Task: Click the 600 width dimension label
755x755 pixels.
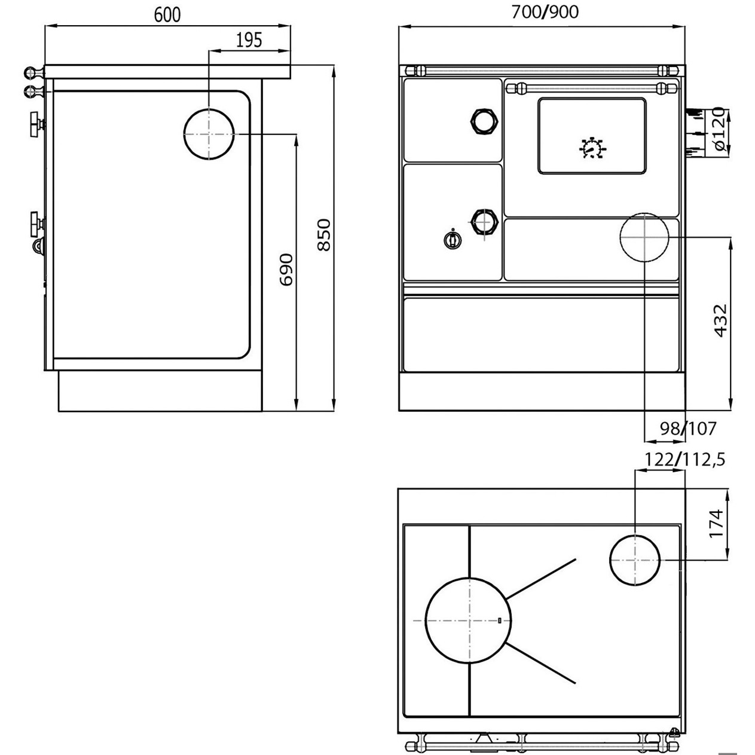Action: [167, 15]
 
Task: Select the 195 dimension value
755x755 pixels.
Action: [249, 40]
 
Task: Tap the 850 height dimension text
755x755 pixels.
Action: [324, 235]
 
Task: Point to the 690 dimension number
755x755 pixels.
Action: [286, 270]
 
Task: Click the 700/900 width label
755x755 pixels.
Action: [545, 12]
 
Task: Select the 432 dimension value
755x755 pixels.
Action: [720, 320]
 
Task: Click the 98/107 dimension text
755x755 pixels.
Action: [688, 429]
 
